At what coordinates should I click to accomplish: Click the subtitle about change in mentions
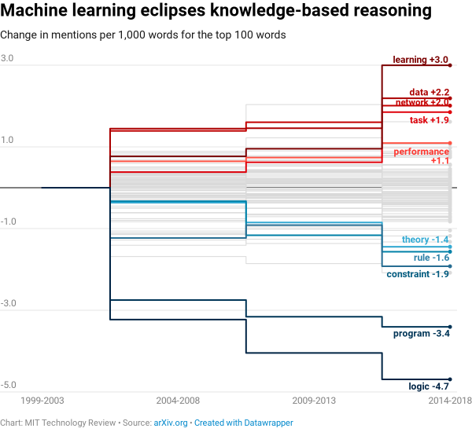pyautogui.click(x=142, y=35)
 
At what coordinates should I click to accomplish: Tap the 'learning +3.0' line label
pyautogui.click(x=420, y=60)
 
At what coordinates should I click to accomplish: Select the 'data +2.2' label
pyautogui.click(x=429, y=93)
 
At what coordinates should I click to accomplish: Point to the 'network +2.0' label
pyautogui.click(x=422, y=102)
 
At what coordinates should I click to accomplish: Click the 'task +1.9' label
pyautogui.click(x=429, y=120)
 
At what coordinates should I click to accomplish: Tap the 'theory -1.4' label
pyautogui.click(x=425, y=240)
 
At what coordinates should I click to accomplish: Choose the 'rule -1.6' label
pyautogui.click(x=431, y=258)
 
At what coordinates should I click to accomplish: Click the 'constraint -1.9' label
pyautogui.click(x=418, y=274)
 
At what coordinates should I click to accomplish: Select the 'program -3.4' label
pyautogui.click(x=421, y=334)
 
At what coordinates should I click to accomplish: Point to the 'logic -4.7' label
pyautogui.click(x=429, y=386)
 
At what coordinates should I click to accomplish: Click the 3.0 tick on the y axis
pyautogui.click(x=7, y=59)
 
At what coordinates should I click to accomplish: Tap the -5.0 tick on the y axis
pyautogui.click(x=9, y=385)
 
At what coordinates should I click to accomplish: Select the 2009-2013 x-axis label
pyautogui.click(x=314, y=401)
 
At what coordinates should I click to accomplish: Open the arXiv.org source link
pyautogui.click(x=171, y=423)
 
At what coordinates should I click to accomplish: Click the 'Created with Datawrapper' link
pyautogui.click(x=244, y=423)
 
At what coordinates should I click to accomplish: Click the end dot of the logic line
pyautogui.click(x=450, y=379)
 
